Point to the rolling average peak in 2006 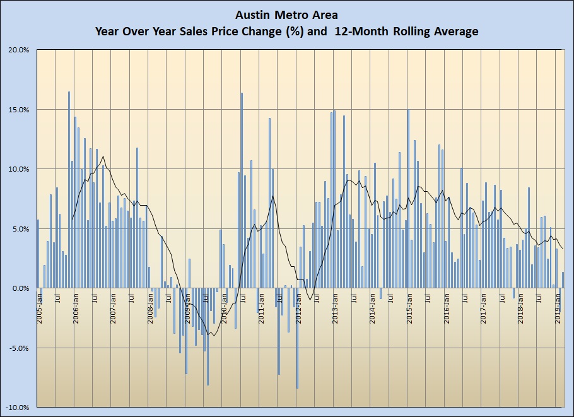pos(103,156)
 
